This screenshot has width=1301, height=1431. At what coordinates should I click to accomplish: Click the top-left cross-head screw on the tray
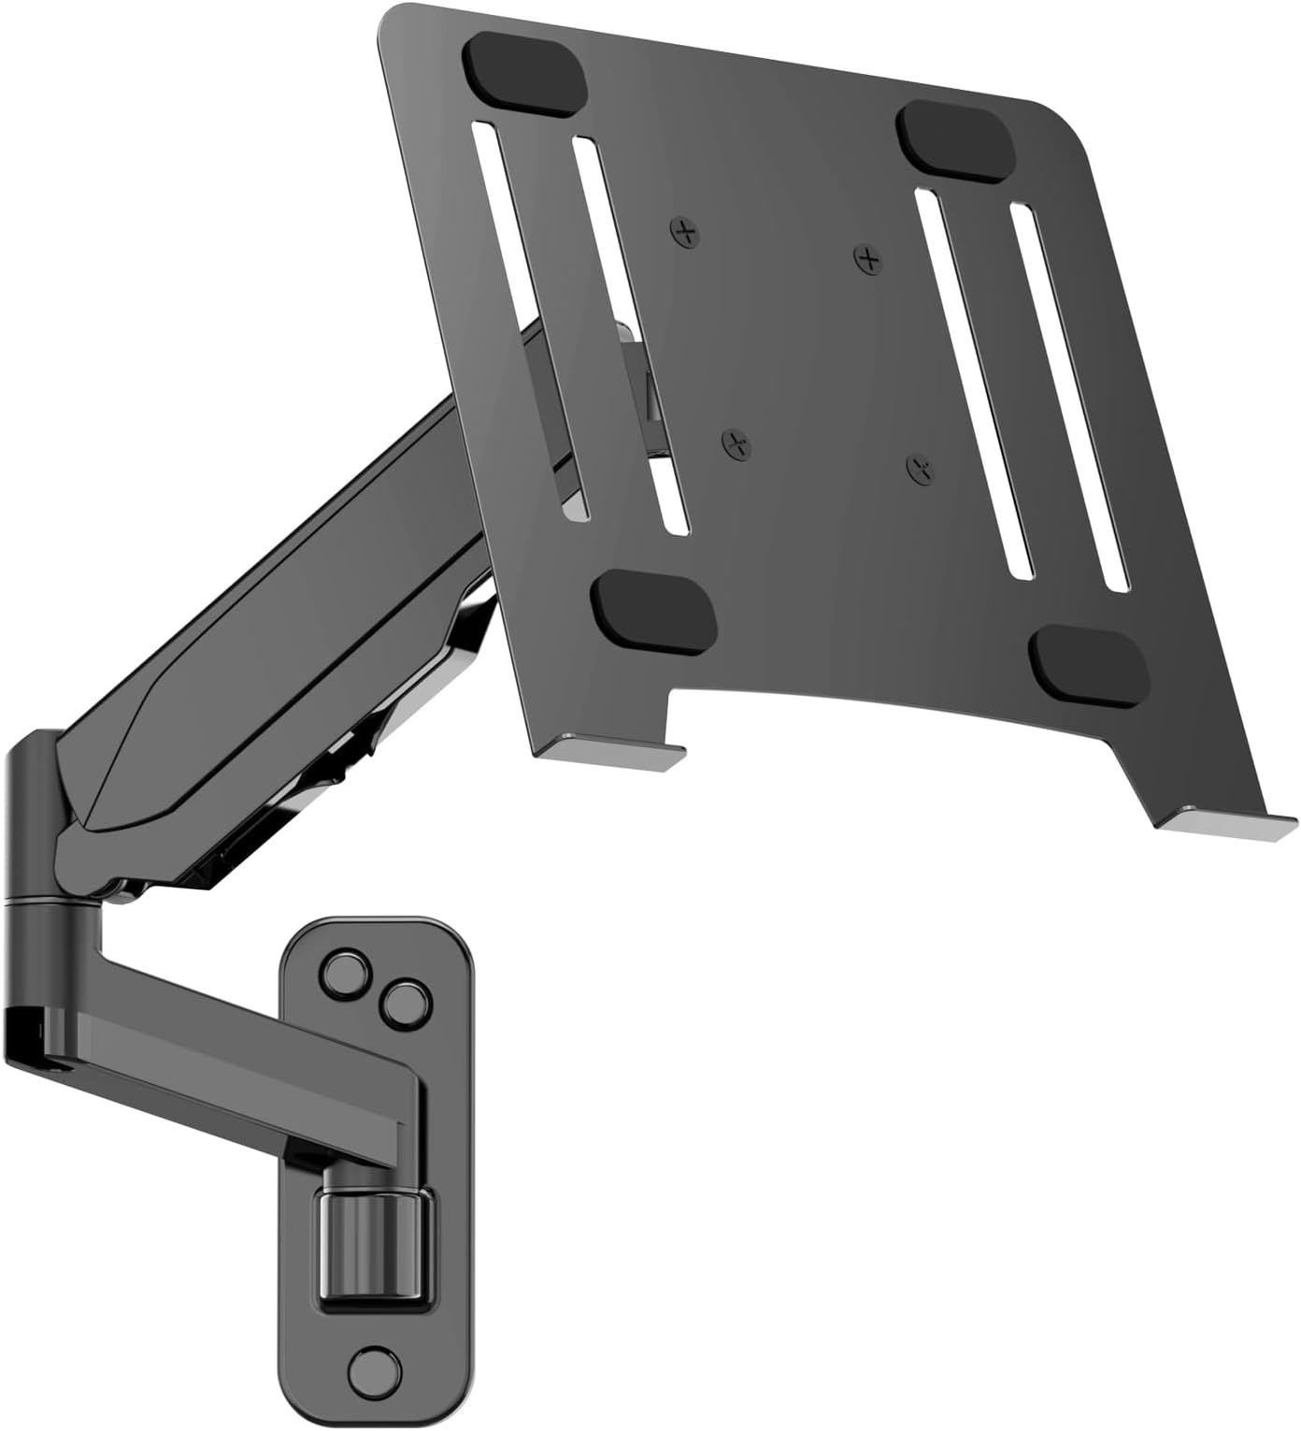(688, 231)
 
